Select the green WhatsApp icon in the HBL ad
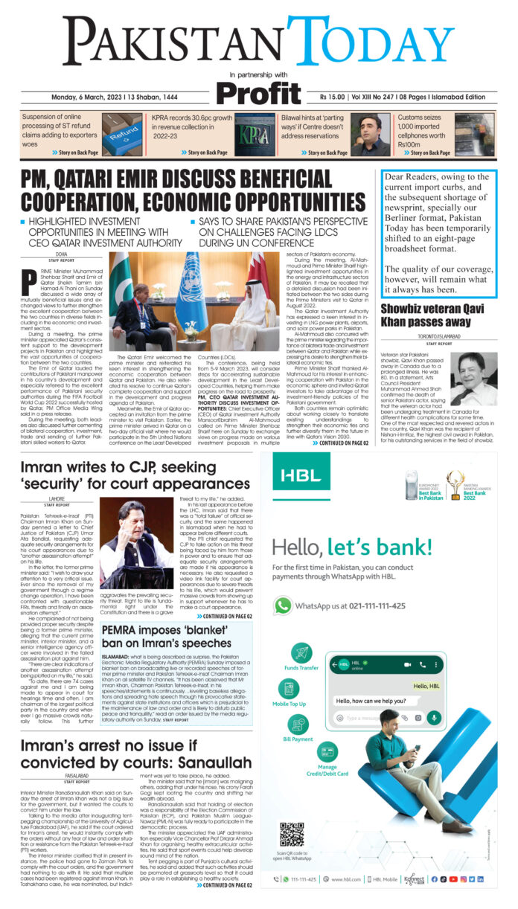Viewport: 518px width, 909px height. (282, 606)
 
